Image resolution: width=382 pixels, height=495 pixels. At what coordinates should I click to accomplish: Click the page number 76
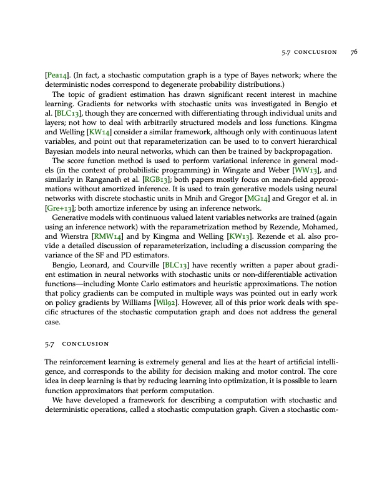click(x=353, y=52)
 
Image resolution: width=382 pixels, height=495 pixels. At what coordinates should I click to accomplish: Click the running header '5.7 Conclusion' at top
click(x=308, y=52)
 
